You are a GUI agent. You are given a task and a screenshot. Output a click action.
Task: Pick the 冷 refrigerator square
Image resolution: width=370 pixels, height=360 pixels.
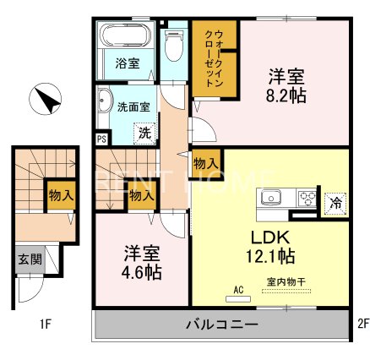(x=335, y=202)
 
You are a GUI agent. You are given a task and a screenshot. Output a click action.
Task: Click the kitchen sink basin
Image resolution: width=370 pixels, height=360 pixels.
(x=273, y=199)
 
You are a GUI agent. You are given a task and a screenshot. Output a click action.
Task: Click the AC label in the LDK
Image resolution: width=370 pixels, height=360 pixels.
(x=238, y=289)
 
